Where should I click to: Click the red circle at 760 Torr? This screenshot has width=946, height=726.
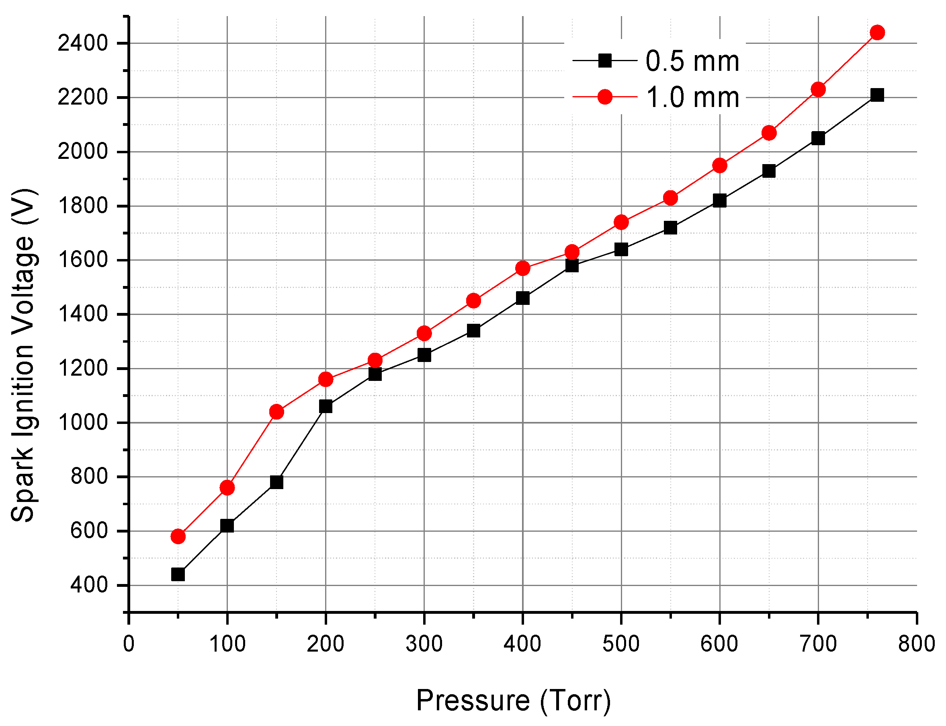coord(877,33)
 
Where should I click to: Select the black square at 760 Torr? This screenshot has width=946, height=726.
coord(877,95)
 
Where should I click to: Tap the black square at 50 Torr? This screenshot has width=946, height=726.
coord(178,574)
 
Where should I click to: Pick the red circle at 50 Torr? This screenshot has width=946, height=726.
coord(178,536)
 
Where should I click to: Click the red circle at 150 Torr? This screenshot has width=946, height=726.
coord(276,412)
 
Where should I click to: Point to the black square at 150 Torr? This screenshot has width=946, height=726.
coord(276,482)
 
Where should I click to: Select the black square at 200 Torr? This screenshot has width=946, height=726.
coord(326,406)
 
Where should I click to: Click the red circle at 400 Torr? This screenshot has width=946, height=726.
coord(522,268)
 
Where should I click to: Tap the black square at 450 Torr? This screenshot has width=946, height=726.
coord(571,265)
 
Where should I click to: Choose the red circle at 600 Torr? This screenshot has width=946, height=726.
coord(719,165)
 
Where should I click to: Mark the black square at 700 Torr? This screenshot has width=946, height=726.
coord(818,138)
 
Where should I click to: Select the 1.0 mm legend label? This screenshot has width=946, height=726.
coord(692,97)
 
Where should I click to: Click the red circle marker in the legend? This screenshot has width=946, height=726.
coord(605,97)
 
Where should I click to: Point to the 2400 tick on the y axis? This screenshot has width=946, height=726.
coord(82,43)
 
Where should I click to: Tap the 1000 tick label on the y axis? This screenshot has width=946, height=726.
coord(82,422)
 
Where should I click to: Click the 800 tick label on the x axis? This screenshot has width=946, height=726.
coord(916,644)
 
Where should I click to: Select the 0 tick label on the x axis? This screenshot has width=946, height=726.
coord(129,644)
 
